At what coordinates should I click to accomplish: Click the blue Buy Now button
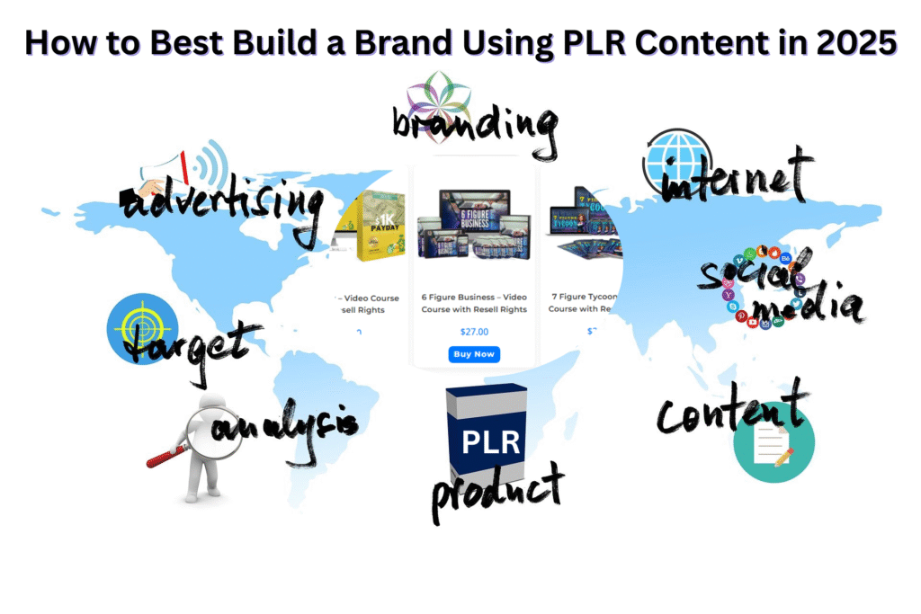tap(473, 354)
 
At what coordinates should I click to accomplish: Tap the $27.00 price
tap(473, 331)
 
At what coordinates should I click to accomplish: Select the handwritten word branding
tap(474, 127)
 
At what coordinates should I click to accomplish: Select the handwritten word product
tap(497, 490)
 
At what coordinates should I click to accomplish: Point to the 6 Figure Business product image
tap(474, 224)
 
